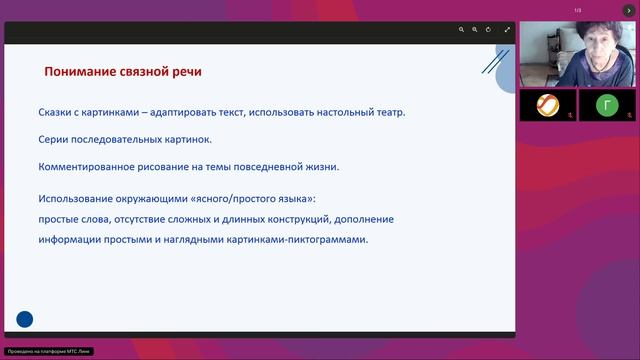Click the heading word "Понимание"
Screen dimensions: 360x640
click(79, 72)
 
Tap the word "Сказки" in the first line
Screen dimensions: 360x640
click(59, 114)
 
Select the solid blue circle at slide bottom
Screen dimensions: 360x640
click(25, 319)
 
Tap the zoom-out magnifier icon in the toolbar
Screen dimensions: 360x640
click(475, 30)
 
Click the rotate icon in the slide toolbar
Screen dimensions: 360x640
click(489, 30)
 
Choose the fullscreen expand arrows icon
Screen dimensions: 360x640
click(507, 30)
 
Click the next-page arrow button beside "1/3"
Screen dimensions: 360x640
click(629, 10)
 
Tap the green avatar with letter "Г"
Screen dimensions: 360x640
click(608, 105)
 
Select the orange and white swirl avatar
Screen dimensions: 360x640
click(548, 105)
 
